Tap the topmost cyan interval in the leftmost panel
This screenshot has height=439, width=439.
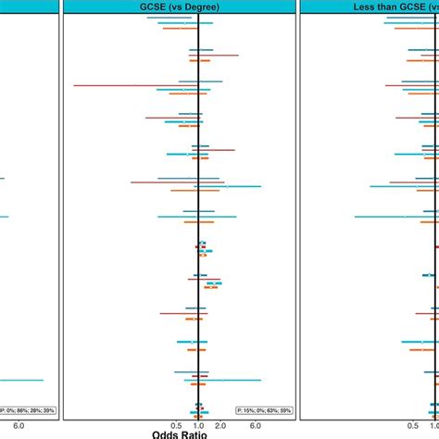click(x=3, y=179)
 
